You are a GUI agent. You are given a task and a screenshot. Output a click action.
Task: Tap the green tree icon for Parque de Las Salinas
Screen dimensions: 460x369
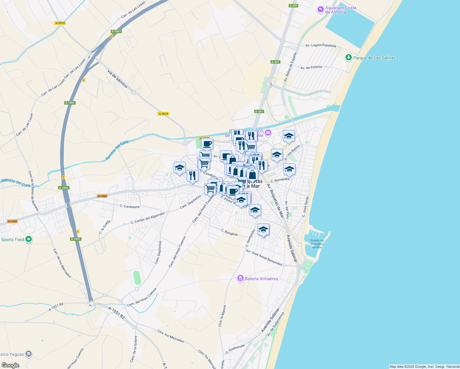point(348,58)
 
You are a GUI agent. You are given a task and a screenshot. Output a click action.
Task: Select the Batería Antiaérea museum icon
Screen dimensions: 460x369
point(240,279)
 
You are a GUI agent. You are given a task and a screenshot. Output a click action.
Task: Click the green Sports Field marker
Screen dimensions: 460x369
point(29,239)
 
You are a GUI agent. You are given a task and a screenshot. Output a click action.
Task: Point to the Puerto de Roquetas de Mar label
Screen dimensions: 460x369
point(317,244)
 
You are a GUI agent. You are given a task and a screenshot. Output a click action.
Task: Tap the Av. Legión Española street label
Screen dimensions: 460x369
point(321,46)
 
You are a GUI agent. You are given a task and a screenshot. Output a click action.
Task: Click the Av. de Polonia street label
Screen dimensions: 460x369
point(311,67)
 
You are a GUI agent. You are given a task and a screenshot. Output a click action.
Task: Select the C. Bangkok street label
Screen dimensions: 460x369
point(229,232)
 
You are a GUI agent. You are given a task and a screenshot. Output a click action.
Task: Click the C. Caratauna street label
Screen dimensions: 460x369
point(129,207)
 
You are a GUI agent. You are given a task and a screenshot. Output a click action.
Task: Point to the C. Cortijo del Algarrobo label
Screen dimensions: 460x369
point(148,218)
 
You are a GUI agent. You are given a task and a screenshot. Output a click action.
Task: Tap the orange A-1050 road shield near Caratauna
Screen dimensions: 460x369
point(102,196)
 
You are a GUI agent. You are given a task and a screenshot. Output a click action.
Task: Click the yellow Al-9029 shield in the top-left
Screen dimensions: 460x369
point(60,23)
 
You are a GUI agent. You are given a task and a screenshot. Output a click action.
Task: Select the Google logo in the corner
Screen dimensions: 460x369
point(10,365)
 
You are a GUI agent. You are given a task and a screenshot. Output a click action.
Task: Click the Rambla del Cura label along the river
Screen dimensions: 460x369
point(117,151)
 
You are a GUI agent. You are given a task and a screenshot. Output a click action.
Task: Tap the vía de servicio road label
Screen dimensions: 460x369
point(117,79)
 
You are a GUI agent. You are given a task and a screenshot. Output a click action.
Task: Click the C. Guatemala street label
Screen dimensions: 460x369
point(235,349)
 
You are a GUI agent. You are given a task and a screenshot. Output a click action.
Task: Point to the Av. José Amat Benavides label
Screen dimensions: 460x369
point(264,258)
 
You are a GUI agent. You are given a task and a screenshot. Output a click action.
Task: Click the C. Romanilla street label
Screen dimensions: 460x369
point(280,180)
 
